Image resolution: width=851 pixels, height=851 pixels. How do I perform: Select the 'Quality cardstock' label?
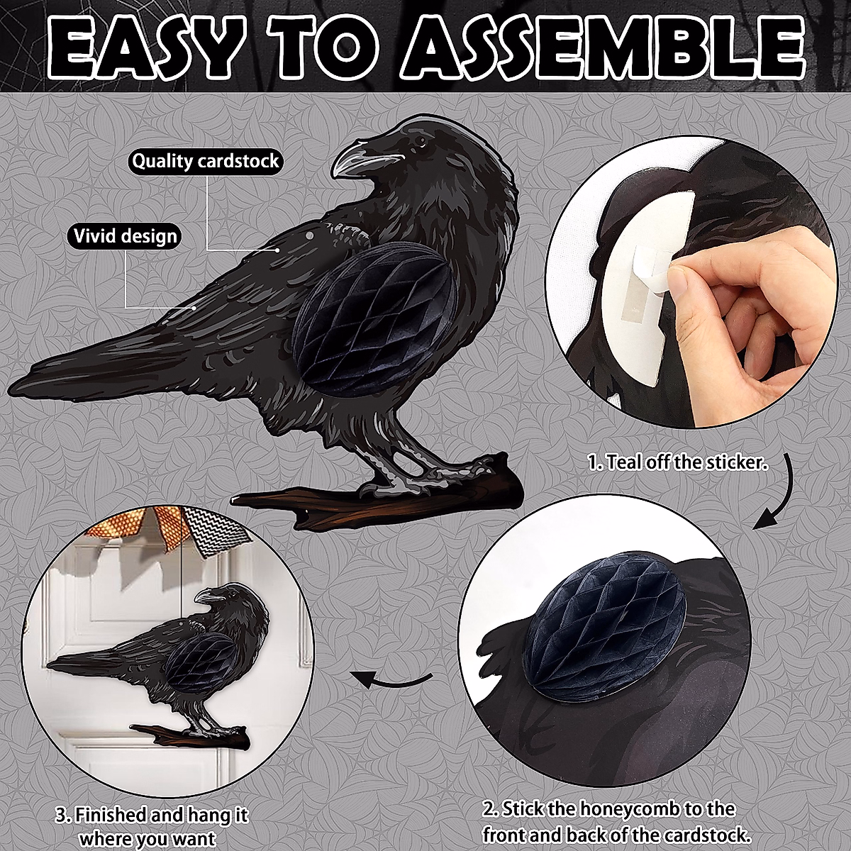click(x=206, y=161)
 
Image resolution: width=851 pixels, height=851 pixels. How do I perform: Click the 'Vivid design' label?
click(x=123, y=235)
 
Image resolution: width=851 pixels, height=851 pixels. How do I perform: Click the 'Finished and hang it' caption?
click(x=152, y=825)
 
